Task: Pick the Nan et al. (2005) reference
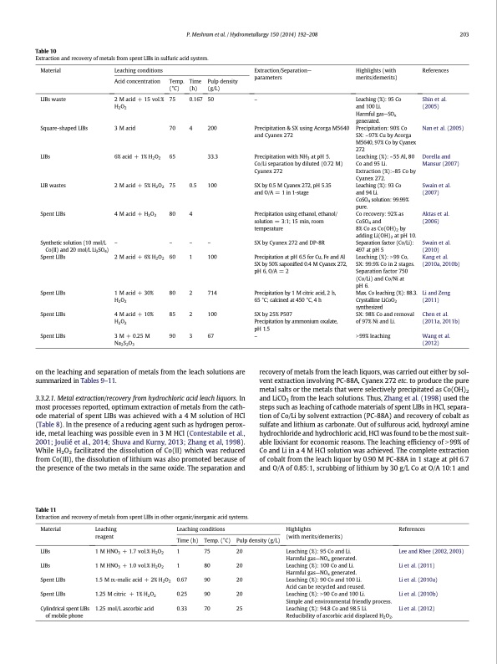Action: coord(443,128)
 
